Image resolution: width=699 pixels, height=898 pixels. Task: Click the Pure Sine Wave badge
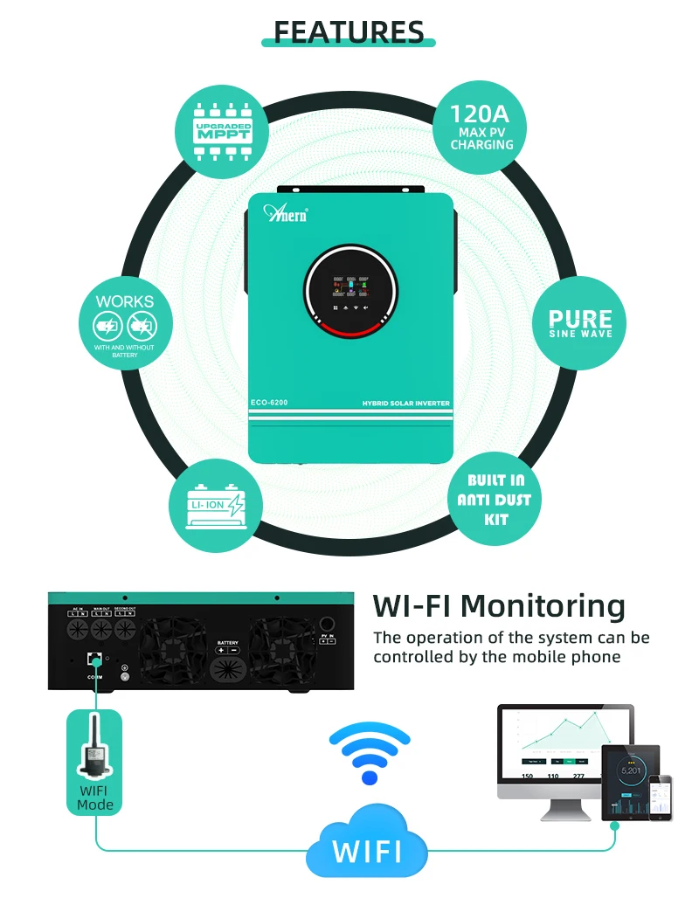pos(580,321)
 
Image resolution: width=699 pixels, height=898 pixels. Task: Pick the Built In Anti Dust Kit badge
pos(495,500)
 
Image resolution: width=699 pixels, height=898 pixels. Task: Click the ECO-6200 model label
pos(270,403)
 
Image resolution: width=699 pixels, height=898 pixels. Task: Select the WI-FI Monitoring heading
pos(499,606)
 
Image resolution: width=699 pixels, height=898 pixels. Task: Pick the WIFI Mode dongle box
pos(94,761)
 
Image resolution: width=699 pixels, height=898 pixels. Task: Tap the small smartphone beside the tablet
pos(666,797)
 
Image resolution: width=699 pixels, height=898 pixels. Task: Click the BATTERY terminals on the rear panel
pos(227,647)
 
